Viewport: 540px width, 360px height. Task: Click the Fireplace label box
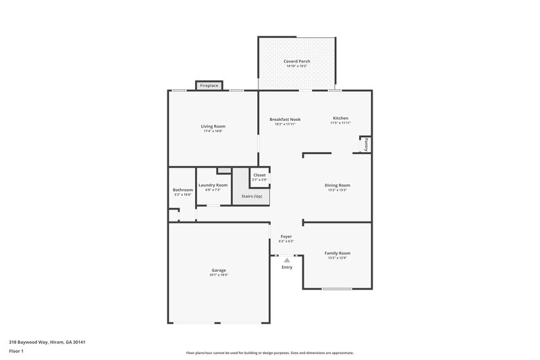coord(209,86)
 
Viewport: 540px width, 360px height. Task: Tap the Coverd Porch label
coord(297,61)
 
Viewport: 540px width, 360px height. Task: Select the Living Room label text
coord(213,126)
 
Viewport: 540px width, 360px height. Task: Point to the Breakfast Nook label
coord(285,119)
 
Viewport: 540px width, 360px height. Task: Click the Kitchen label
coord(340,119)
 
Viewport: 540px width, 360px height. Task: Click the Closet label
coord(259,175)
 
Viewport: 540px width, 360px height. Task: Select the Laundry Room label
coord(213,185)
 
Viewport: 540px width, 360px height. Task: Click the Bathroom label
coord(183,190)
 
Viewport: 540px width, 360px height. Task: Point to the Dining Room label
coord(337,185)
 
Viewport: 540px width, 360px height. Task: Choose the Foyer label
coord(286,236)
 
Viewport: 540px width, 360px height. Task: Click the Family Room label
coord(337,253)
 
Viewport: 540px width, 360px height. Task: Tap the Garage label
coord(219,270)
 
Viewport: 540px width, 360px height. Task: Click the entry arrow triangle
coord(287,259)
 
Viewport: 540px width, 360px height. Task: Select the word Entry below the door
coord(287,267)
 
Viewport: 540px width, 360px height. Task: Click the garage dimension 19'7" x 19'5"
coord(219,275)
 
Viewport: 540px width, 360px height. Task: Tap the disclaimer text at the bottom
coord(269,353)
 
